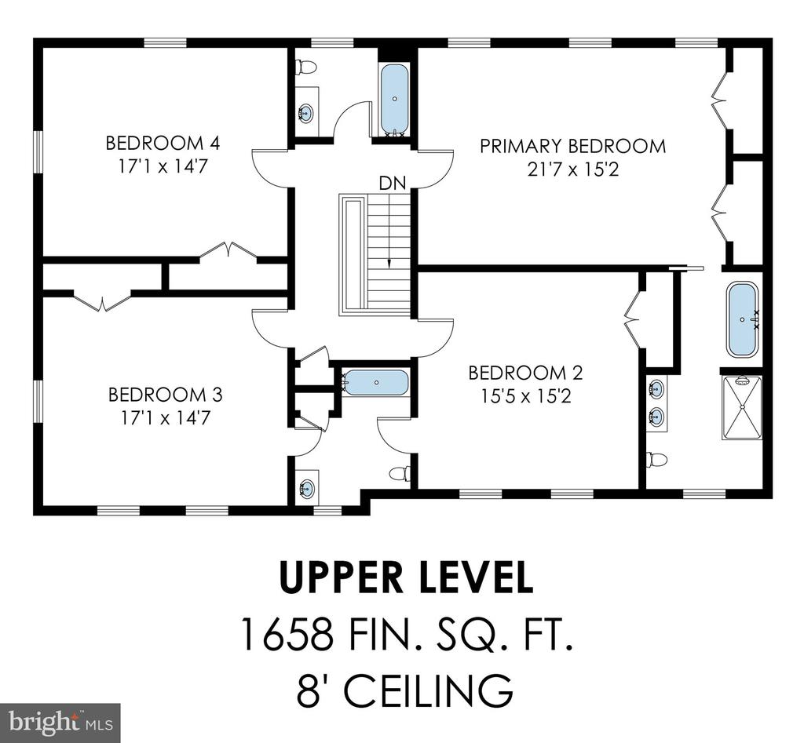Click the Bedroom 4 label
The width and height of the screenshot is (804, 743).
click(163, 143)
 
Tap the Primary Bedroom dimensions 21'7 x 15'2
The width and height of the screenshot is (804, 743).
click(573, 169)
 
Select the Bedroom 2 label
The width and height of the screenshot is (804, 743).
click(525, 373)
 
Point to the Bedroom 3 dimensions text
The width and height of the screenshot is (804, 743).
click(166, 418)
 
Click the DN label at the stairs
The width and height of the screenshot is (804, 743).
click(393, 183)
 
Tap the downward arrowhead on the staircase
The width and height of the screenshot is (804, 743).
click(389, 264)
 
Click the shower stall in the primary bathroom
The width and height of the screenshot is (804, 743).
click(741, 407)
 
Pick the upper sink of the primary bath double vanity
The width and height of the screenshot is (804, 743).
click(656, 389)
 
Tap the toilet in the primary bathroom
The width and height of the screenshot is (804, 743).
click(657, 460)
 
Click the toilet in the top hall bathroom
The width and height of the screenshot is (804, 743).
click(306, 67)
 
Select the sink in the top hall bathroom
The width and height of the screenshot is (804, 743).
click(305, 113)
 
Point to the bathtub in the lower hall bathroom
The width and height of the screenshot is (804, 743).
click(376, 383)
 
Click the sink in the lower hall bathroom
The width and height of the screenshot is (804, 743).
click(307, 488)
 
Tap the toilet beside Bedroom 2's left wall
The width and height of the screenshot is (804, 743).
click(400, 473)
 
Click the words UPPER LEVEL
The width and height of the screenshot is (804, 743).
click(406, 577)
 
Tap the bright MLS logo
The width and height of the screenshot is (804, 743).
click(60, 723)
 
